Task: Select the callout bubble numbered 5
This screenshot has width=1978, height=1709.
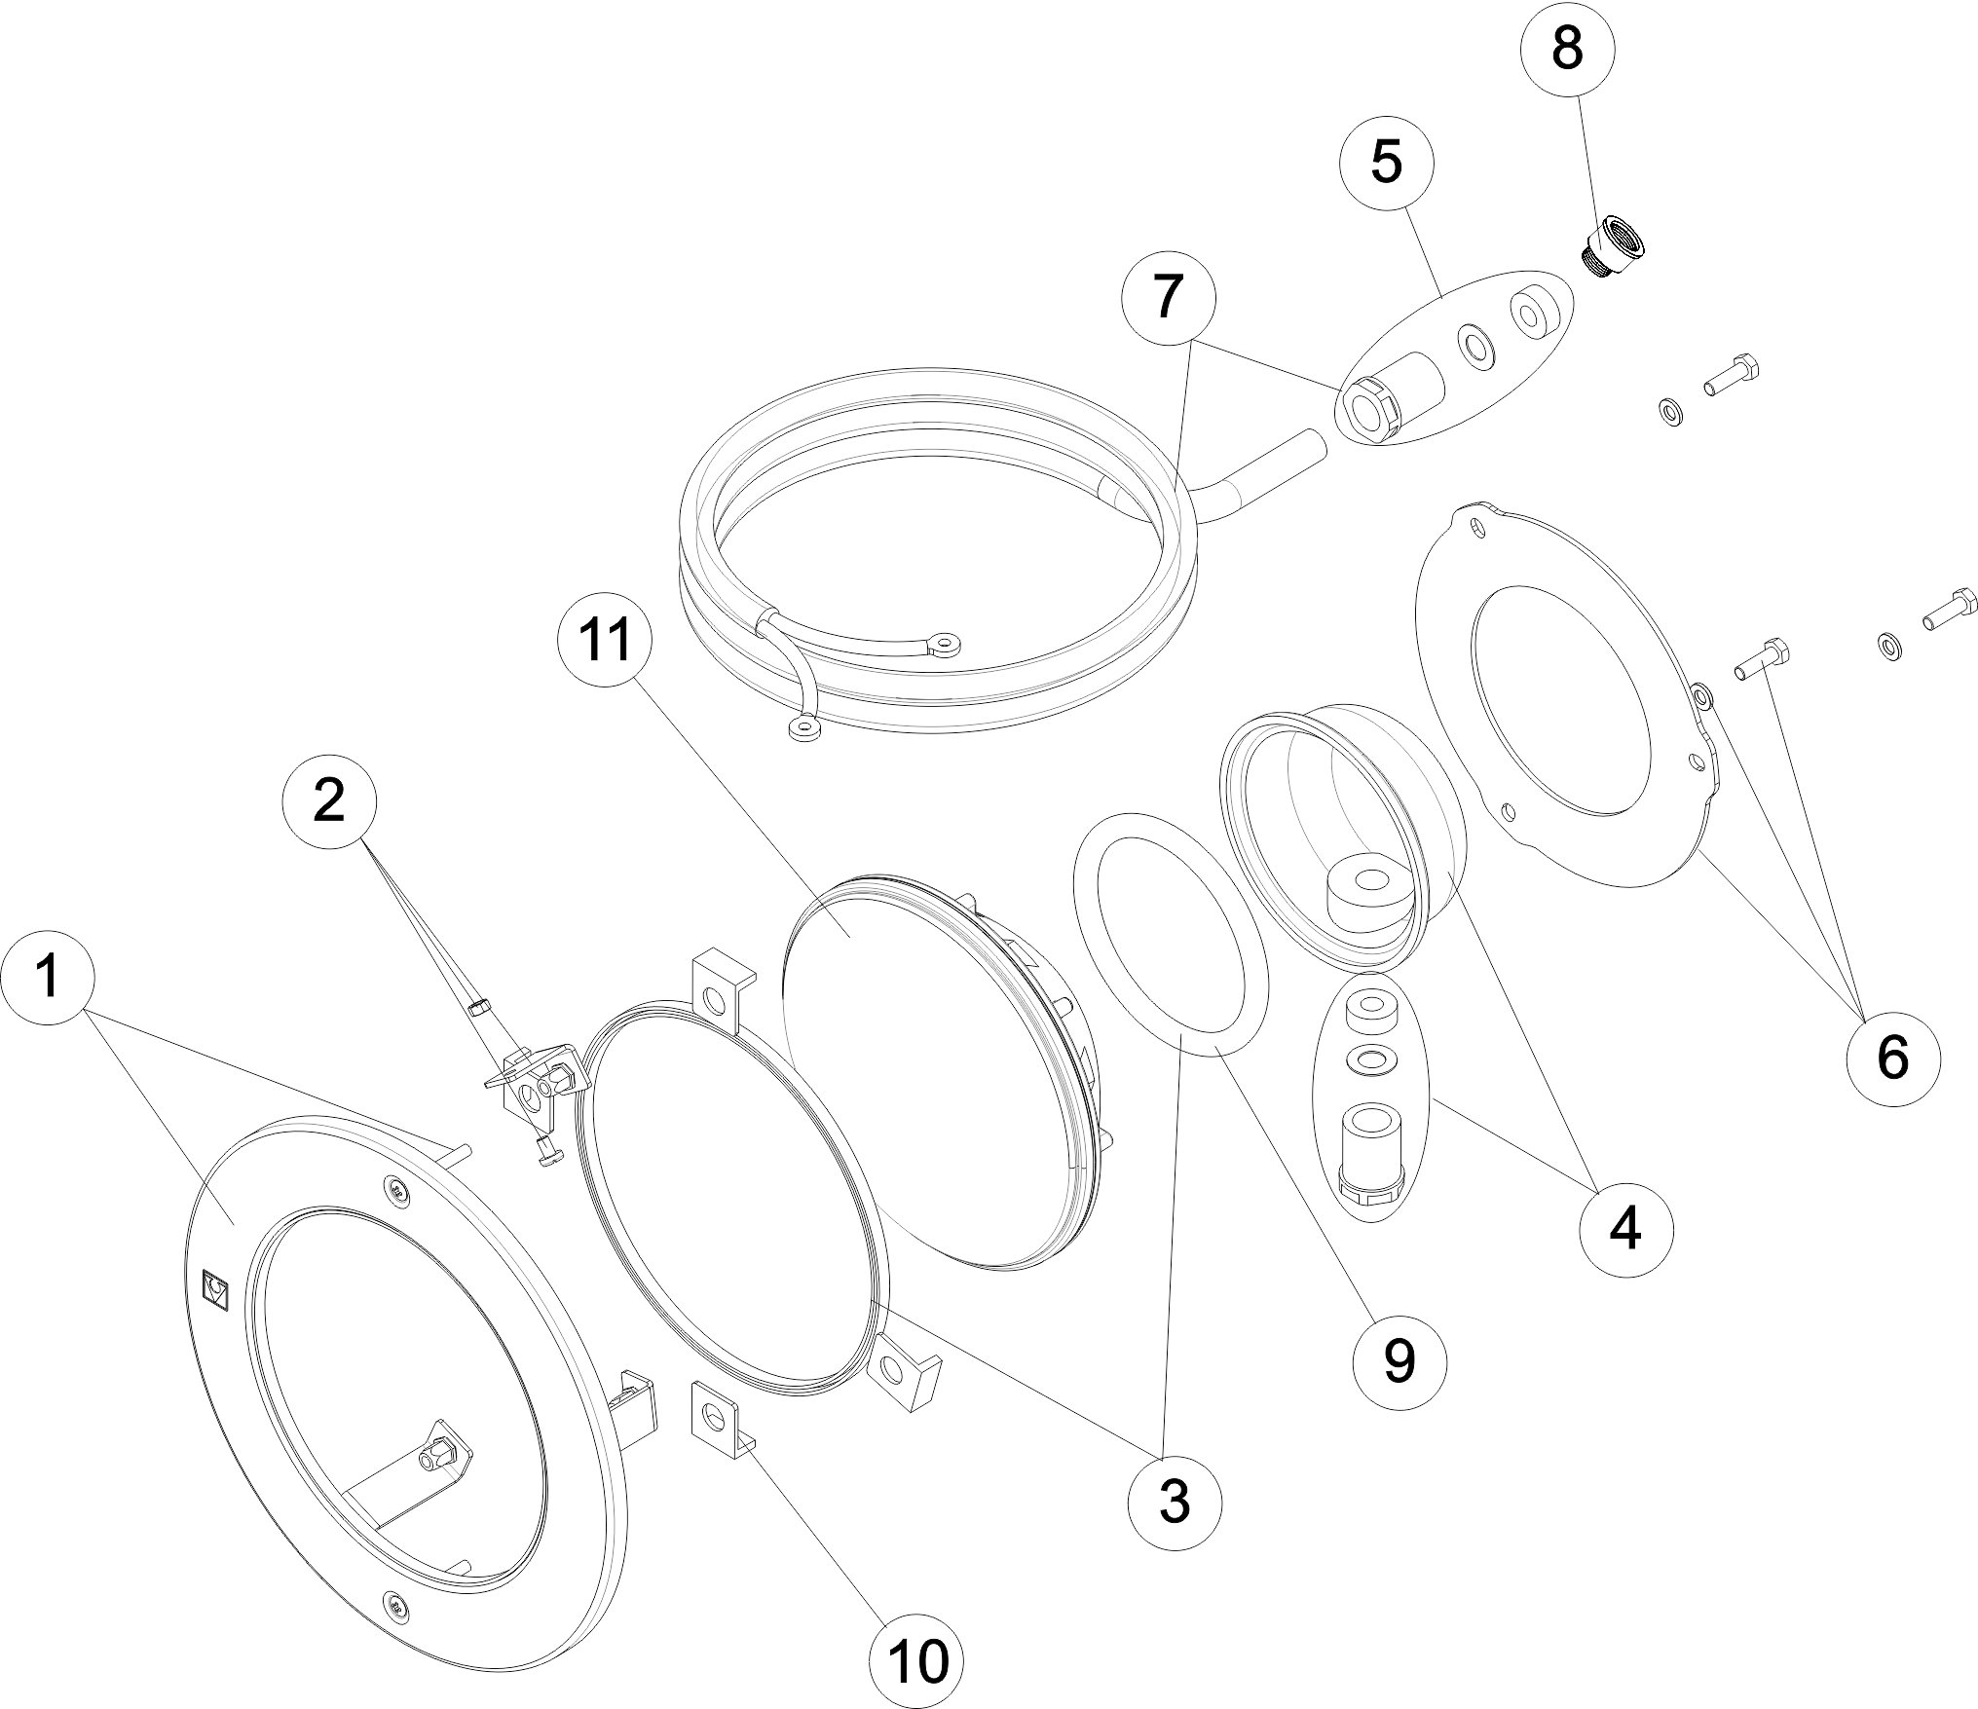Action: (x=1387, y=162)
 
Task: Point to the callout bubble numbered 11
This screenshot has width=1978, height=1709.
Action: (x=605, y=643)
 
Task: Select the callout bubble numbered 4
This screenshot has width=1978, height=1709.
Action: (x=1625, y=1232)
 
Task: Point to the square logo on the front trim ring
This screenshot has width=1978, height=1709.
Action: (x=214, y=1291)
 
